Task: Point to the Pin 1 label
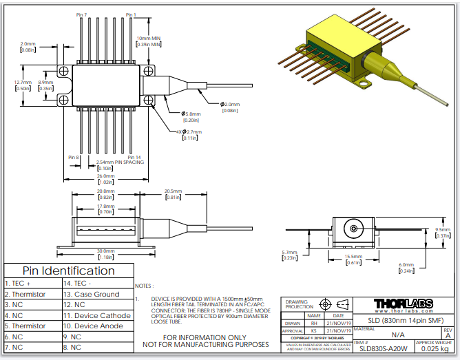[x=131, y=14]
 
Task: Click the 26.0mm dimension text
[x=105, y=176]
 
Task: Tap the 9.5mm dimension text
[x=444, y=230]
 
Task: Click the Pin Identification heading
[x=68, y=271]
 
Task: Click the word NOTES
[x=143, y=285]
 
